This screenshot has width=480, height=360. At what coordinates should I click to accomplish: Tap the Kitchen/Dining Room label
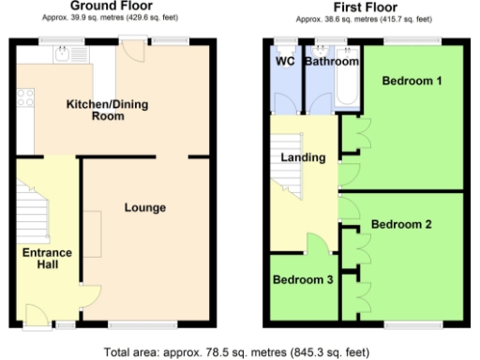(109, 110)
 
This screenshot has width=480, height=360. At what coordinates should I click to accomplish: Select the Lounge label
(145, 207)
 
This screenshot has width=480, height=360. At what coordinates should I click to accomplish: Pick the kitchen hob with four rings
(24, 96)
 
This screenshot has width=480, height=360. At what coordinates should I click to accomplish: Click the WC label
(286, 62)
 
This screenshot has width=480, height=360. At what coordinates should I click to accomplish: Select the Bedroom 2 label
(400, 225)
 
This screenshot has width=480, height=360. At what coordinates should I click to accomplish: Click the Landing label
(303, 157)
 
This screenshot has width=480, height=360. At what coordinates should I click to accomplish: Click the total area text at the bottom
(239, 351)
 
